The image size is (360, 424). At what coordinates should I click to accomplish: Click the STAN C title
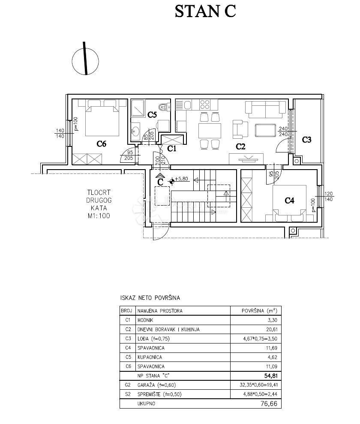tap(205, 12)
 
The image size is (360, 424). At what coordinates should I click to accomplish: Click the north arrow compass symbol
tap(85, 60)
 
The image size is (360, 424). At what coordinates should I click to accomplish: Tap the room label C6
tap(101, 144)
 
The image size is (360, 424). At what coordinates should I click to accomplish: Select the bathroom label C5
tap(152, 115)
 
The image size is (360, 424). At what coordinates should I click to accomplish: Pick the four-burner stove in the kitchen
tap(204, 104)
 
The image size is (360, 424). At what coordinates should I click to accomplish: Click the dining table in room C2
tap(210, 131)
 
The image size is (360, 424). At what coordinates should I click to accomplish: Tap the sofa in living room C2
tap(266, 109)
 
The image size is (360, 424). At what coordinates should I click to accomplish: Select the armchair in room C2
tap(240, 129)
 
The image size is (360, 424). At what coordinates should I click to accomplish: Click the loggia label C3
tap(306, 140)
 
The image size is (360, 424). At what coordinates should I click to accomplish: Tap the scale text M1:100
tap(99, 216)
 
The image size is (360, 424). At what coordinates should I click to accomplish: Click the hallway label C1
tap(171, 149)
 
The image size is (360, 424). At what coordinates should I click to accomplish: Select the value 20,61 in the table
tap(271, 329)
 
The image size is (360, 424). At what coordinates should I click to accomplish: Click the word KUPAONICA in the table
tap(150, 357)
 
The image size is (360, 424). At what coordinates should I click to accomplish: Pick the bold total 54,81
tap(271, 376)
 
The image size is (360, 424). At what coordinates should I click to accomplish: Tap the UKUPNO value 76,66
tap(269, 403)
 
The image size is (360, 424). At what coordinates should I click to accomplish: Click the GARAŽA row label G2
tap(128, 385)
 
